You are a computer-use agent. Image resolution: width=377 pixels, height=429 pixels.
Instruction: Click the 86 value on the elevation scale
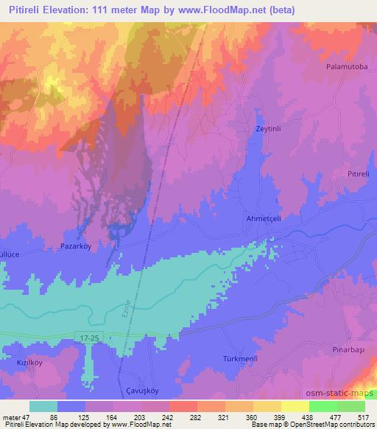[x=53, y=416]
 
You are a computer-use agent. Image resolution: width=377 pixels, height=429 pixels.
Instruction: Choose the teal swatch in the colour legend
[x=43, y=406]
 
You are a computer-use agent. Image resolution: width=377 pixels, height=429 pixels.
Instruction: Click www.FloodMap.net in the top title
[x=235, y=9]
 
